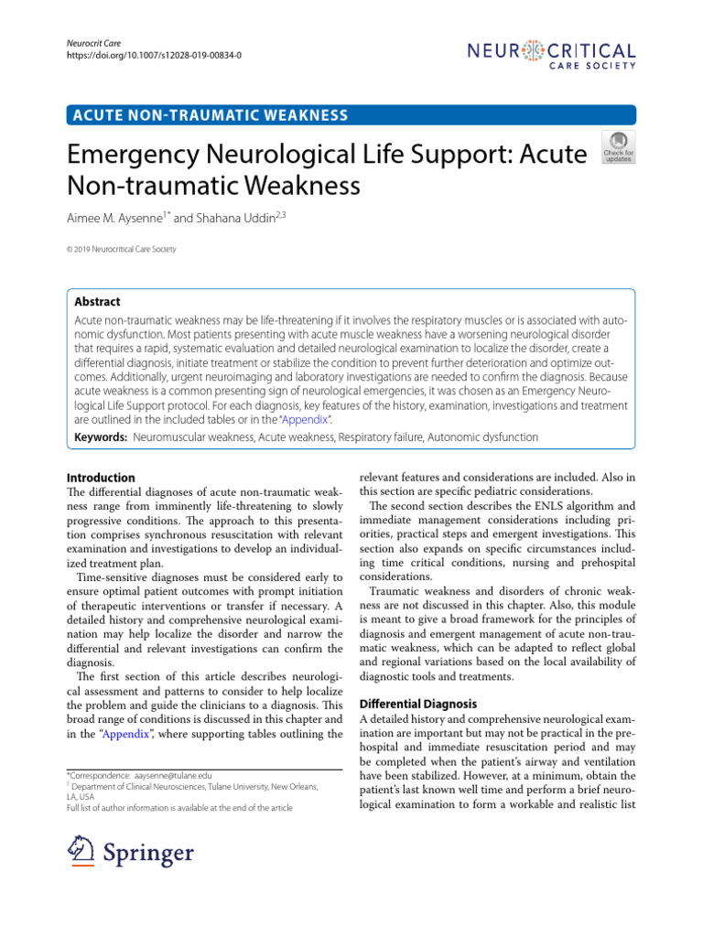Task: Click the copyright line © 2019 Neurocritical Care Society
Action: coord(122,249)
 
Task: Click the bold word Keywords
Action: coord(99,437)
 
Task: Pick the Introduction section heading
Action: coord(102,478)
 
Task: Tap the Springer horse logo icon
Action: coord(83,853)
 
